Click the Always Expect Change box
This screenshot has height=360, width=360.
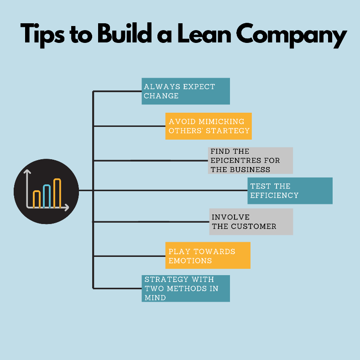coord(185,91)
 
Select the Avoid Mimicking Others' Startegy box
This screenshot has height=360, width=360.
coord(208,126)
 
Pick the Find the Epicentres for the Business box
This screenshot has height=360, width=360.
coord(250,160)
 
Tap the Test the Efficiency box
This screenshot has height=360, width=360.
coord(290,191)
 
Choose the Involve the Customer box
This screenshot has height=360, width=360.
coord(251,222)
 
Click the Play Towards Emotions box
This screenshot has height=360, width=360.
coord(208,256)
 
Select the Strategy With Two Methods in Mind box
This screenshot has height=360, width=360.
coord(185,288)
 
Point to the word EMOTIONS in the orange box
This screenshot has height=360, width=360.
coord(190,261)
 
